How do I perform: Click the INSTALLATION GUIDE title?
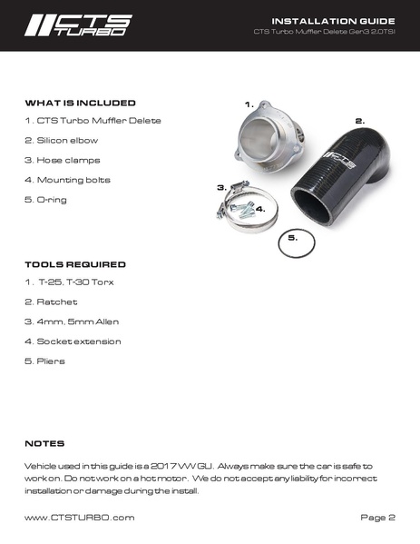click(x=333, y=20)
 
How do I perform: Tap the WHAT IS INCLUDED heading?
click(x=80, y=103)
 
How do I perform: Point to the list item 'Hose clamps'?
click(x=60, y=160)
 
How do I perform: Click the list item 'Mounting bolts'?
click(x=67, y=180)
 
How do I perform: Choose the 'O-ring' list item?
click(x=46, y=199)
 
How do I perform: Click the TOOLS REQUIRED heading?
click(x=74, y=264)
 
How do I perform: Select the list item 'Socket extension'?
click(x=73, y=341)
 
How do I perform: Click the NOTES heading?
click(x=44, y=443)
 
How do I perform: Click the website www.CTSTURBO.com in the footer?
click(x=80, y=517)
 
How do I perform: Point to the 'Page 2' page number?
click(x=377, y=517)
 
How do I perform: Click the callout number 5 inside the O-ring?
click(x=292, y=238)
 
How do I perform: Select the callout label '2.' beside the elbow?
click(x=359, y=120)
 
